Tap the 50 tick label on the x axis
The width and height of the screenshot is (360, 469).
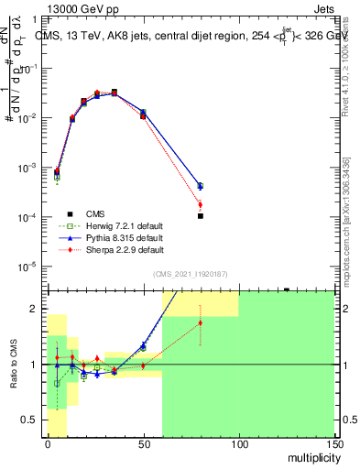click(x=143, y=443)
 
